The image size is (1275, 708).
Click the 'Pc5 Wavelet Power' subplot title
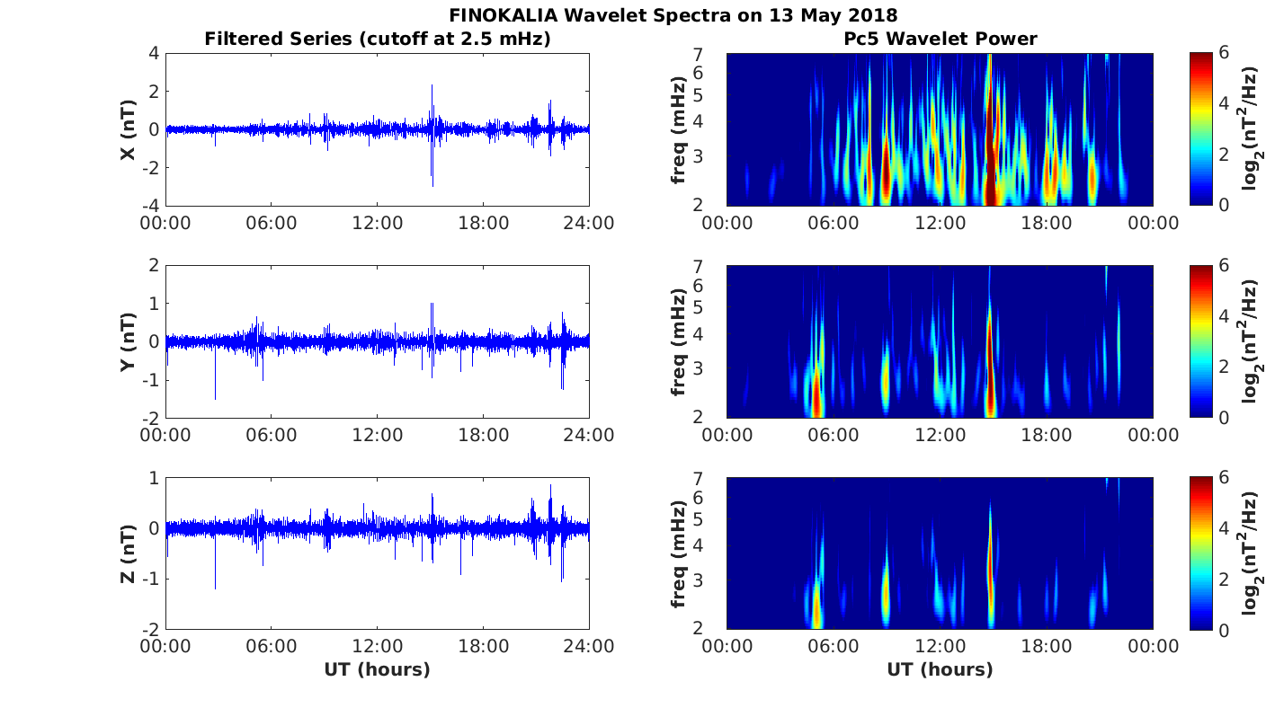940,39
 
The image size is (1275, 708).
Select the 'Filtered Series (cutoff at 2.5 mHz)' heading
377,39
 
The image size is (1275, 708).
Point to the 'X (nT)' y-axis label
129,129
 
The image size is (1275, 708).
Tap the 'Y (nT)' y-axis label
129,341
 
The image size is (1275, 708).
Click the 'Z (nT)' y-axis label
129,553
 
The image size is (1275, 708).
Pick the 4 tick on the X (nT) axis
154,54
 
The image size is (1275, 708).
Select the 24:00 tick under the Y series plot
589,435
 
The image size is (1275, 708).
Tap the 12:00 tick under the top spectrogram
940,223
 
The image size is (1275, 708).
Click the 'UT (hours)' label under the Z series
377,669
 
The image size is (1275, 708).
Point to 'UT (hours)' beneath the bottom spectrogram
940,669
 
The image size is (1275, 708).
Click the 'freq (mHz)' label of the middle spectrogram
679,341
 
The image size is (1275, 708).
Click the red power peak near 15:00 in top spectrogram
990,171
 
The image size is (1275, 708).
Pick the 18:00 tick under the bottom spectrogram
1047,647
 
